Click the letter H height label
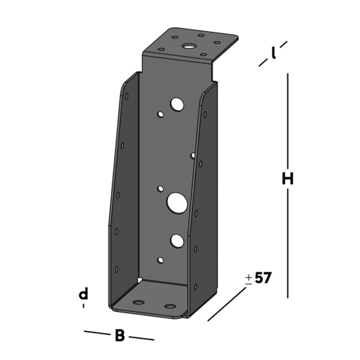click(288, 179)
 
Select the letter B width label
click(120, 336)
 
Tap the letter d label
click(83, 294)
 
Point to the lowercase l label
click(274, 54)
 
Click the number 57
click(263, 278)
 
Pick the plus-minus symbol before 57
click(249, 279)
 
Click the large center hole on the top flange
click(188, 46)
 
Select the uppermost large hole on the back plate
click(177, 104)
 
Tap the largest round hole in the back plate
click(177, 203)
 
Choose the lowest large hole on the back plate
click(177, 241)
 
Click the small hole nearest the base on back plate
click(161, 260)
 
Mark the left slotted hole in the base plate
click(138, 302)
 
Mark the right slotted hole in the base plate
click(170, 307)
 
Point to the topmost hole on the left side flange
click(127, 96)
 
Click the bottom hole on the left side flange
click(117, 269)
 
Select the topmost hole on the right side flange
click(205, 114)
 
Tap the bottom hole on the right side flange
click(195, 287)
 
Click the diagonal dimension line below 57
click(227, 304)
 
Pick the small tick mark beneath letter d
click(84, 306)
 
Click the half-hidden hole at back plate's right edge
click(193, 156)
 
